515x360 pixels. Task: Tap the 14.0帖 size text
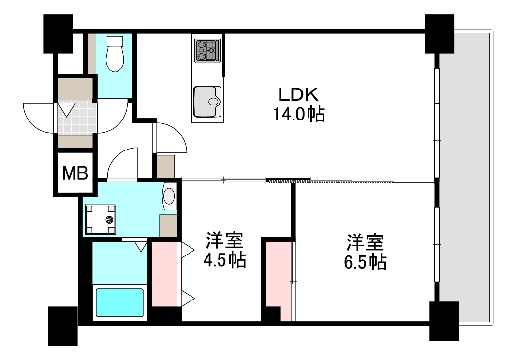click(299, 114)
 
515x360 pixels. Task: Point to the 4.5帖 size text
click(224, 261)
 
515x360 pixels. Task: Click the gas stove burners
click(207, 50)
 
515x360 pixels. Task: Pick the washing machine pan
click(101, 219)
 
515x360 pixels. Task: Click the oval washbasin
click(169, 196)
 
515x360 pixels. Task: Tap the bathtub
click(119, 303)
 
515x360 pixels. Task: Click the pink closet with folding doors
click(165, 274)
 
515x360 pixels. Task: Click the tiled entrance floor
click(76, 116)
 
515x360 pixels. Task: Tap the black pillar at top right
click(439, 33)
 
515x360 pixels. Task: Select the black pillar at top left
click(58, 33)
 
